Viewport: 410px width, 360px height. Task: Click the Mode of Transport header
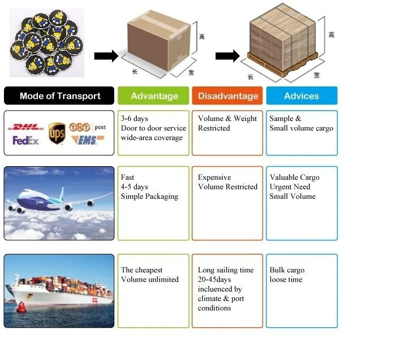point(59,96)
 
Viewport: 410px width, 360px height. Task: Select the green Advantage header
point(154,96)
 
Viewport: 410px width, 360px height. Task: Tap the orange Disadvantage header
point(228,96)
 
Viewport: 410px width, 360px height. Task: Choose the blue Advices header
point(301,96)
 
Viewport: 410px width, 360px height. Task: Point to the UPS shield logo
point(57,133)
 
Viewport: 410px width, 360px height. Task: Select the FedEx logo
point(26,140)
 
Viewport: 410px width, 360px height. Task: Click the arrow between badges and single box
point(106,56)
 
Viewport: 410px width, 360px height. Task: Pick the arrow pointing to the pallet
point(227,56)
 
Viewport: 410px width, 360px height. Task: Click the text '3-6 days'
point(135,119)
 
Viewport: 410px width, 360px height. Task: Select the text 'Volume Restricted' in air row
point(227,187)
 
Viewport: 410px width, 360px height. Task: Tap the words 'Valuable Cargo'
point(295,177)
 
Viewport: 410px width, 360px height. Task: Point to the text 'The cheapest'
point(143,270)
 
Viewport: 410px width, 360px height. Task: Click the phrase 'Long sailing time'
point(226,270)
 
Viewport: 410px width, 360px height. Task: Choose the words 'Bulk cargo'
point(287,270)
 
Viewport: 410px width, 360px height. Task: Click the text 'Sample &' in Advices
point(286,119)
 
